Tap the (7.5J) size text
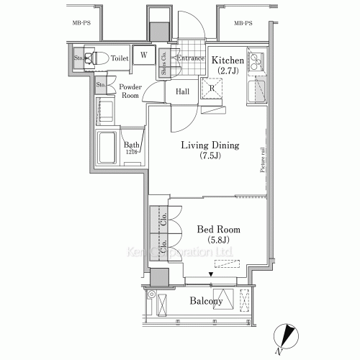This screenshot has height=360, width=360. (210, 157)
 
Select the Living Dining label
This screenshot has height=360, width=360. (210, 145)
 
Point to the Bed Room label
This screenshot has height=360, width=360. (219, 229)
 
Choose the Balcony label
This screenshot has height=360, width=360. (206, 301)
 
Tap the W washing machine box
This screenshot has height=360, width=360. (144, 55)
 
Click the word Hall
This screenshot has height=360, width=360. (183, 91)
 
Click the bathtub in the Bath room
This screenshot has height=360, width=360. (108, 149)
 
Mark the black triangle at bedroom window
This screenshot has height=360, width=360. (211, 274)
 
